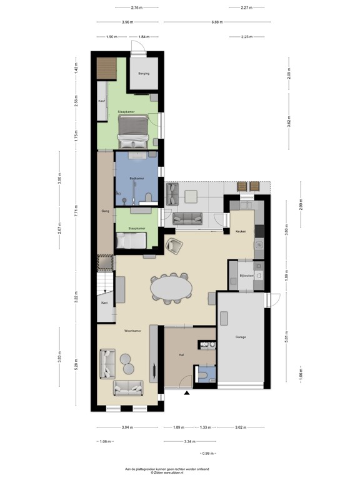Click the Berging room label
(144, 73)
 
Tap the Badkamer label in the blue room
(137, 179)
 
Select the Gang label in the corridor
(105, 211)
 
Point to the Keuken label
(241, 231)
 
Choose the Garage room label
(241, 337)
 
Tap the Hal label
(181, 355)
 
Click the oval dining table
(171, 289)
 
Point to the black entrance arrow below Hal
(186, 393)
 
